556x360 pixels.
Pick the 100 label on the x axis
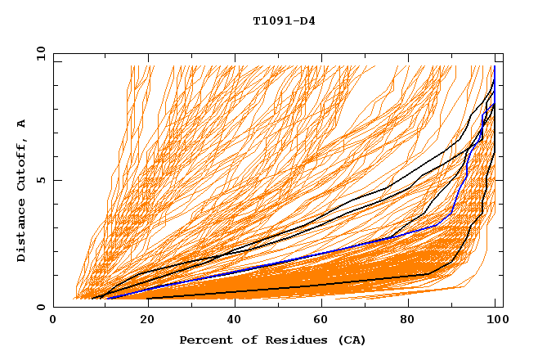(x=496, y=320)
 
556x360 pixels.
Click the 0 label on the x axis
(x=53, y=320)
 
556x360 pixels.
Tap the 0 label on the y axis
(x=40, y=307)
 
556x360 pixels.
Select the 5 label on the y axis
(x=40, y=180)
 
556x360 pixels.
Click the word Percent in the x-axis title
(x=204, y=340)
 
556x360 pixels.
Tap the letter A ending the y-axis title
(x=21, y=124)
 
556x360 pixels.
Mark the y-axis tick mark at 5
(x=56, y=180)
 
